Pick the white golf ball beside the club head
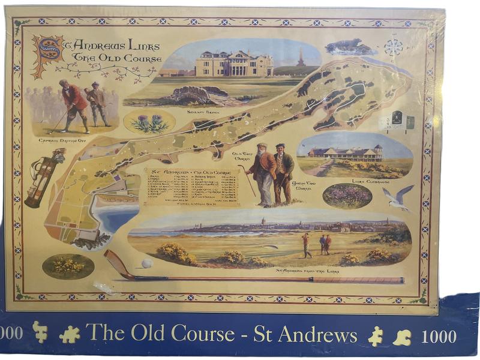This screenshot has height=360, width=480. (x=146, y=263)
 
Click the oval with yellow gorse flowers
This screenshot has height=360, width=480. (x=68, y=266)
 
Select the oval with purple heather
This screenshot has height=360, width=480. (x=347, y=196)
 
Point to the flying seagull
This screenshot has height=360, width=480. (x=398, y=197)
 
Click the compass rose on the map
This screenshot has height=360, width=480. (x=393, y=47)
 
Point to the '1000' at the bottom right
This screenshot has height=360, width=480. (x=439, y=337)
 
